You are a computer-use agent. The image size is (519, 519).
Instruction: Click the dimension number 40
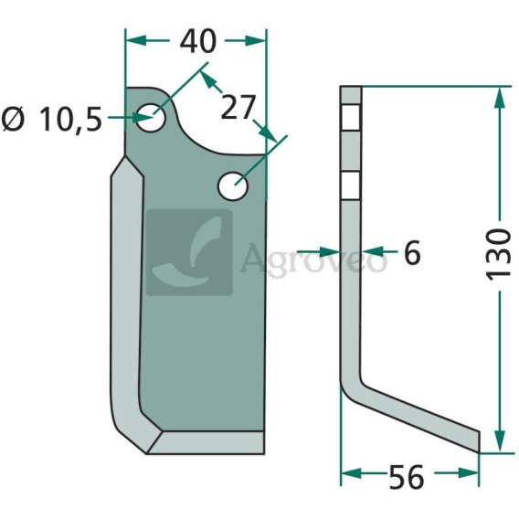198,41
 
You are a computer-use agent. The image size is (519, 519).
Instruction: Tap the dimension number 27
238,107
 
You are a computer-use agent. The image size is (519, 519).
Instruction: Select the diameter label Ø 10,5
51,119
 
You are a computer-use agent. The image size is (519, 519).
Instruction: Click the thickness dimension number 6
412,252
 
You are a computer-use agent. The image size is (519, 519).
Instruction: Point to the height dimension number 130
498,254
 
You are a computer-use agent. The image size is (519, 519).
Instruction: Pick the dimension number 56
406,477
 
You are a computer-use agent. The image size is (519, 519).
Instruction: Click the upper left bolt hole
151,118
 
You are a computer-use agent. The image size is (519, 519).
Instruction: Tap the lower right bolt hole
233,185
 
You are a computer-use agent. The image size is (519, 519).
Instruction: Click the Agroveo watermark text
313,259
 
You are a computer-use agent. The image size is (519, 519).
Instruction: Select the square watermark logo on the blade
189,252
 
